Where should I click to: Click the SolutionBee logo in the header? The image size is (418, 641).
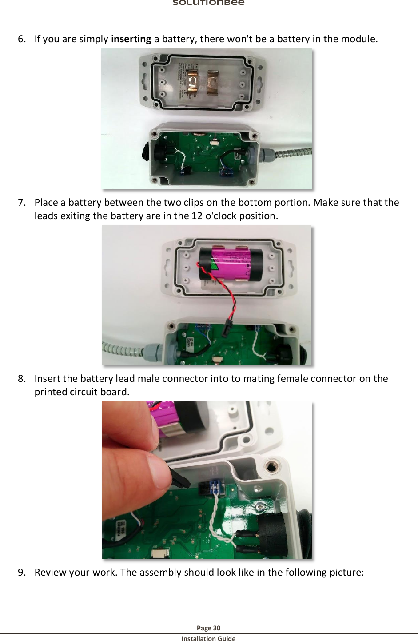point(208,3)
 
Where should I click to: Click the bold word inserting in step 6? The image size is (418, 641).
point(131,39)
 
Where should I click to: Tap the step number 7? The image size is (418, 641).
point(22,203)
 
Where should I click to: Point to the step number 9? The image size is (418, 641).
point(22,573)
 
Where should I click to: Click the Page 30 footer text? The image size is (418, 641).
point(208,628)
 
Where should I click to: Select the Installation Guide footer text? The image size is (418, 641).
point(208,638)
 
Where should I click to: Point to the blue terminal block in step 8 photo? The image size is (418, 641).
point(217,487)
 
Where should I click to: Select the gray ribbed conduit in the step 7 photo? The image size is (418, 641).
point(122,349)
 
